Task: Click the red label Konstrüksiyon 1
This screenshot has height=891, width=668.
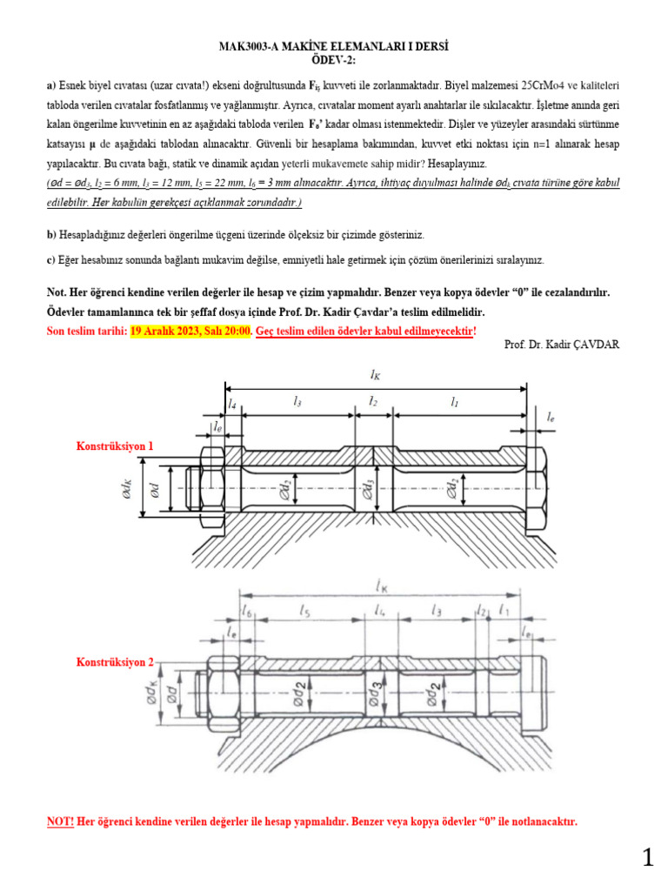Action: point(115,445)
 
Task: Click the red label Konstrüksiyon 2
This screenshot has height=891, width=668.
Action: point(115,662)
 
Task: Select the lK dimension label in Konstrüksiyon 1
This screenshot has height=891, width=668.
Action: point(375,375)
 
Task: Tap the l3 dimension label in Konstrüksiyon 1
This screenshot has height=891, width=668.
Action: point(297,402)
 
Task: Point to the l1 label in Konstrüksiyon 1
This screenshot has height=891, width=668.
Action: point(454,402)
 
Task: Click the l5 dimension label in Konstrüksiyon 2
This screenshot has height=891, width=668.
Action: point(304,612)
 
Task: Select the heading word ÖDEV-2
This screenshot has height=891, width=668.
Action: point(333,58)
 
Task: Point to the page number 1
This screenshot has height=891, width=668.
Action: point(647,859)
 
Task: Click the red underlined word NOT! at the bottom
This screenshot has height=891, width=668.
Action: point(60,821)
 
